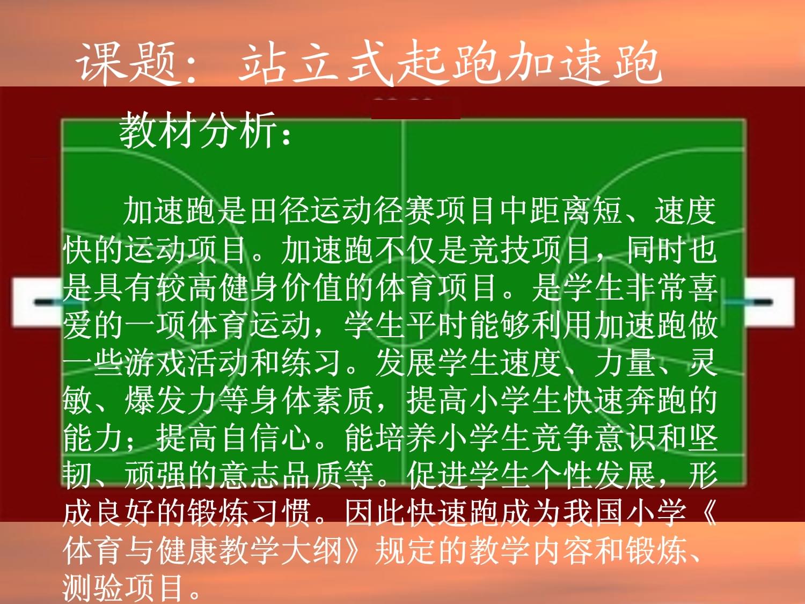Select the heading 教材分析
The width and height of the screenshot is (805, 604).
[197, 130]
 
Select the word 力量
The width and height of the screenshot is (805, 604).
[625, 363]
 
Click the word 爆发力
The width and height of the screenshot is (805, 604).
[171, 401]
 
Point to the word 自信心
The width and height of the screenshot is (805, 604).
[267, 439]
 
